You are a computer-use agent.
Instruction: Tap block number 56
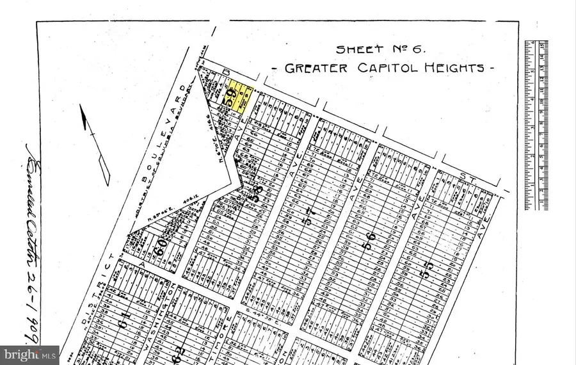point(371,245)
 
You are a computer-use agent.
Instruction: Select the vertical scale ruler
point(536,125)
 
